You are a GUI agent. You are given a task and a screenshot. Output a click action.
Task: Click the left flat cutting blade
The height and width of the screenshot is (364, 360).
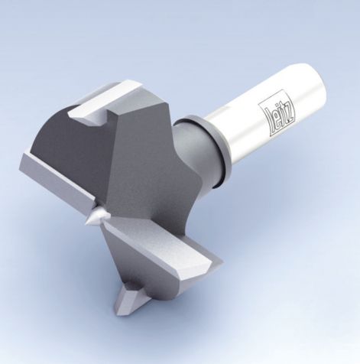[54, 184]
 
